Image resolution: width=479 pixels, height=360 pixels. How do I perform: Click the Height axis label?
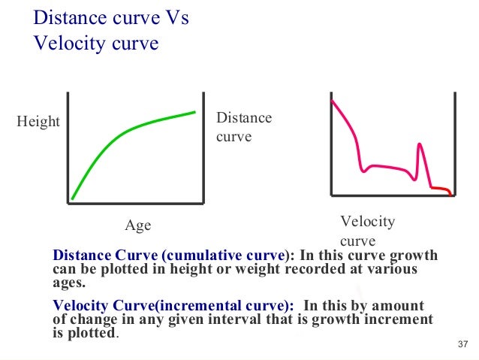(38, 122)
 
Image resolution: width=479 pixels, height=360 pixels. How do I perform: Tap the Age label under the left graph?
(137, 225)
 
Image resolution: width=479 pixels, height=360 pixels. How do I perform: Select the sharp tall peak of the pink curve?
(421, 145)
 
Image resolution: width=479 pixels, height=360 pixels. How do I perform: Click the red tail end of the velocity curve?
(443, 189)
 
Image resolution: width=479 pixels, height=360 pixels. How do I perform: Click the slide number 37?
(462, 344)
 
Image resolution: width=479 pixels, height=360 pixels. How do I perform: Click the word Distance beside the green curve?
(243, 119)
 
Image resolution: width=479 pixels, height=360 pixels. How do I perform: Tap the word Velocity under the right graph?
(367, 222)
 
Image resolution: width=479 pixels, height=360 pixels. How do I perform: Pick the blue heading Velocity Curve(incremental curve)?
(173, 306)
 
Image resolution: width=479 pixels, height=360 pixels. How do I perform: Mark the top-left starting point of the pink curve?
(333, 101)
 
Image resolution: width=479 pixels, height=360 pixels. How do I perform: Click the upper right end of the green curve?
(194, 113)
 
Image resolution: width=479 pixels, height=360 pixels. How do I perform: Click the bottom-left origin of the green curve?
(73, 198)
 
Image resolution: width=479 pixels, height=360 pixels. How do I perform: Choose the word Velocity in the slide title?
(68, 43)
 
